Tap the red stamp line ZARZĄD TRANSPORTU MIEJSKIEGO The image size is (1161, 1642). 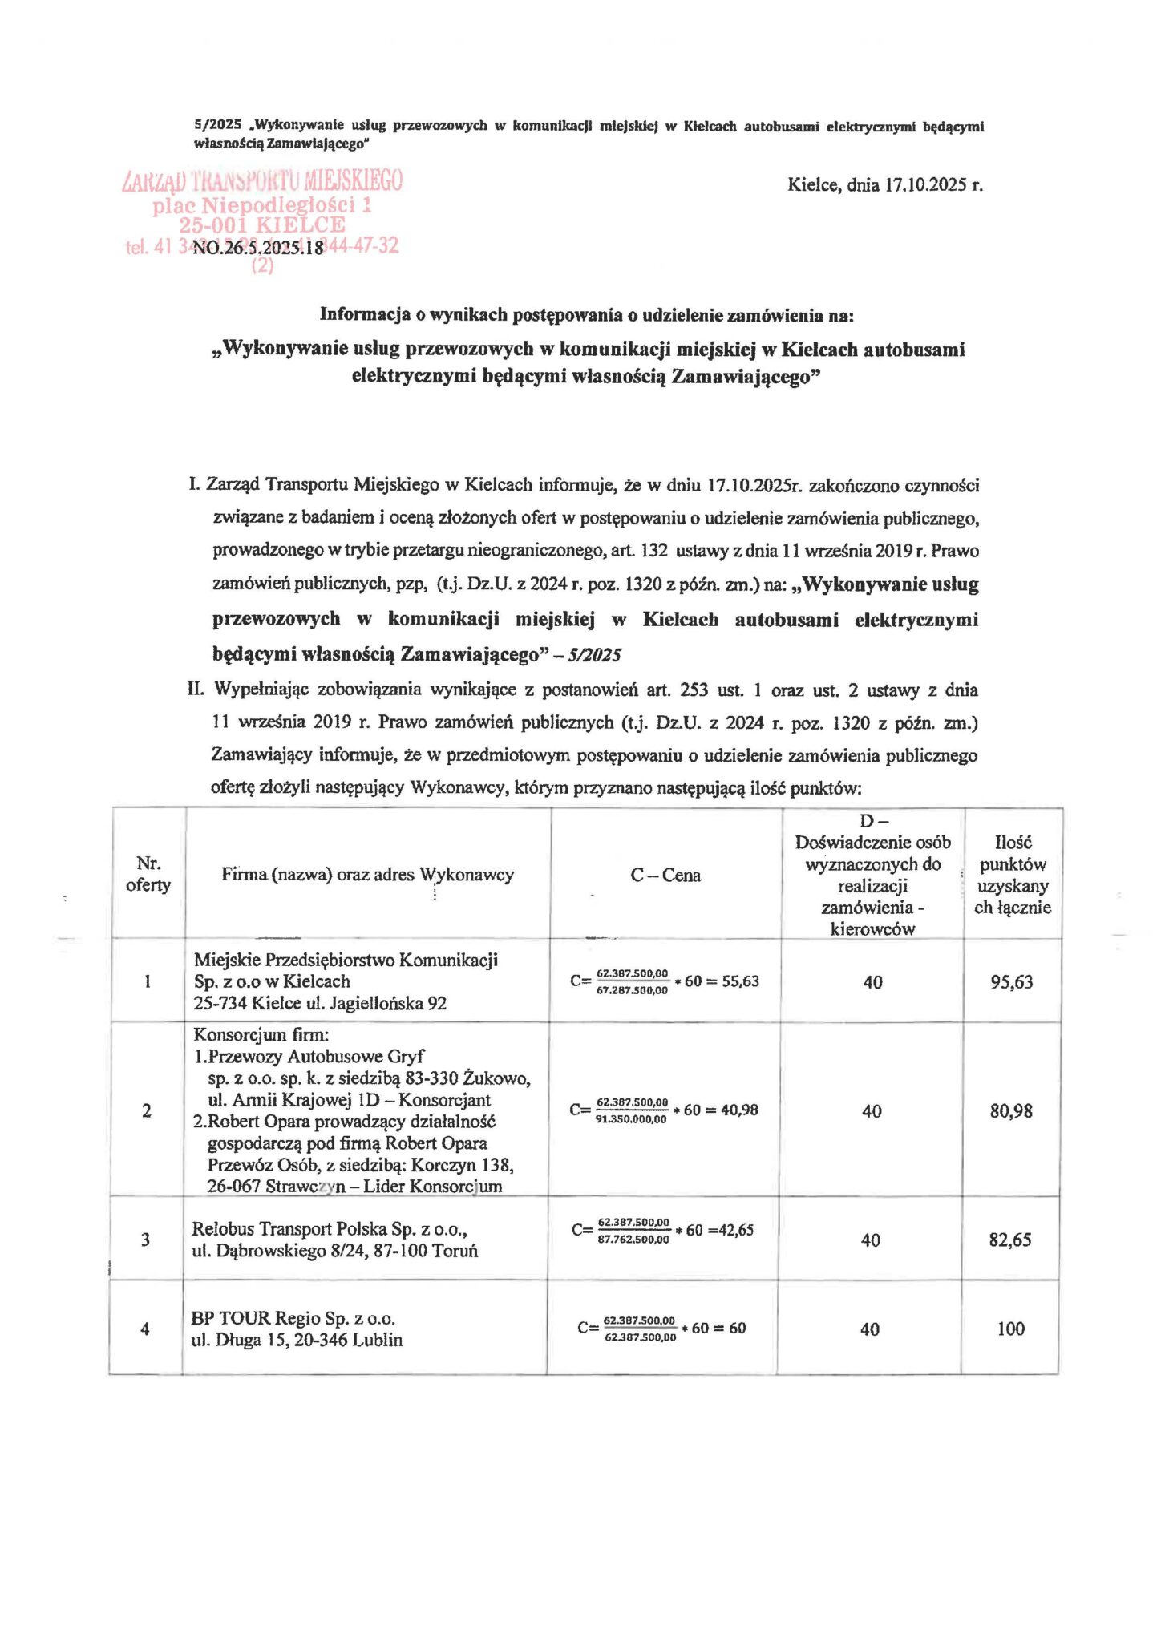click(x=262, y=180)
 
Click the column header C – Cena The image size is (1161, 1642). click(x=665, y=876)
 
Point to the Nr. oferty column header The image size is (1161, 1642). click(x=148, y=874)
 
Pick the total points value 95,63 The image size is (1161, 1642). click(x=1012, y=981)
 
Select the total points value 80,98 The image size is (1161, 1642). click(x=1011, y=1110)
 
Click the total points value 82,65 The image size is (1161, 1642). click(x=1010, y=1240)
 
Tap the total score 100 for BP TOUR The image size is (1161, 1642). click(x=1011, y=1329)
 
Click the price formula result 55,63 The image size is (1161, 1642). click(x=740, y=981)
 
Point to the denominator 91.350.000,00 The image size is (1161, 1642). click(x=631, y=1119)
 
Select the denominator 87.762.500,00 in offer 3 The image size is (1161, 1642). click(x=633, y=1240)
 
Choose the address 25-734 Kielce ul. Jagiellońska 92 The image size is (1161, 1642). click(x=320, y=1003)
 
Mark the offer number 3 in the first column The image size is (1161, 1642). click(x=146, y=1240)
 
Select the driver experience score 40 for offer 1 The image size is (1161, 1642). click(x=872, y=982)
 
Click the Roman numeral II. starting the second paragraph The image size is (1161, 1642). click(x=196, y=690)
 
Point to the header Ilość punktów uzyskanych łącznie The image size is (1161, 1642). click(x=1013, y=875)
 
